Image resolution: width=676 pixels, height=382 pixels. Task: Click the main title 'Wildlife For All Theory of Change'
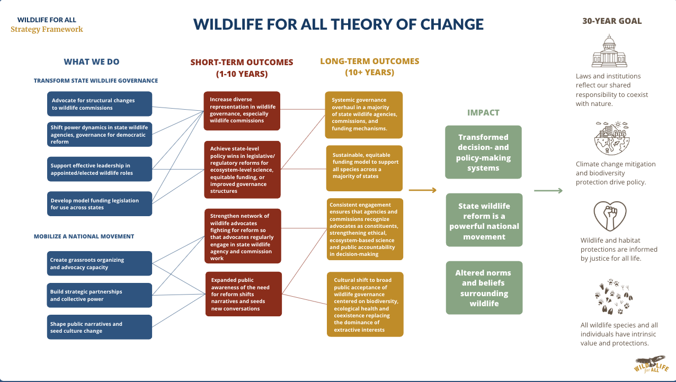[338, 24]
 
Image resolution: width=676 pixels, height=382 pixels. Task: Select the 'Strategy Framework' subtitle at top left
[47, 29]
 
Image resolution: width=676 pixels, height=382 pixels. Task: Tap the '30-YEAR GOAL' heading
[612, 21]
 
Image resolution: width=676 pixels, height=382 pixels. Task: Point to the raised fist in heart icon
[609, 216]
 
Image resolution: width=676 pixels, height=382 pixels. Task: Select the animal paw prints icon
[612, 298]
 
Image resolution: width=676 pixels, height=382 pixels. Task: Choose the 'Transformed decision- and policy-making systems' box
[483, 152]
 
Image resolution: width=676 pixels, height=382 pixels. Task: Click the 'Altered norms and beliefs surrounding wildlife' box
[483, 288]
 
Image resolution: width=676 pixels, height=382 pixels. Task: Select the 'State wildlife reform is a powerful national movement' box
[484, 220]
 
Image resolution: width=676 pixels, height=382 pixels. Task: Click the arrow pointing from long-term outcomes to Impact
[423, 190]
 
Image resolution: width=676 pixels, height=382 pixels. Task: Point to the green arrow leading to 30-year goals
[548, 190]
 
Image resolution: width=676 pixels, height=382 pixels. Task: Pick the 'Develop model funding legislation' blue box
[99, 203]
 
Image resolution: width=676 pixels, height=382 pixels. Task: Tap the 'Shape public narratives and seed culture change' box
[99, 327]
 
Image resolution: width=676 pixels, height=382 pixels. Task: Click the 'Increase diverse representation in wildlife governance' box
[242, 110]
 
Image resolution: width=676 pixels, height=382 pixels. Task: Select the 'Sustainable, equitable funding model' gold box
[364, 168]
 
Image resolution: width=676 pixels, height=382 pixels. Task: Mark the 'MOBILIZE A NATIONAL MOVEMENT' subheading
[84, 236]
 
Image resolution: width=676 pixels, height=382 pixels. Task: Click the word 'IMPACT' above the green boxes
[483, 112]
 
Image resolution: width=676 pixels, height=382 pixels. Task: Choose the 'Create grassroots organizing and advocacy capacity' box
[99, 263]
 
